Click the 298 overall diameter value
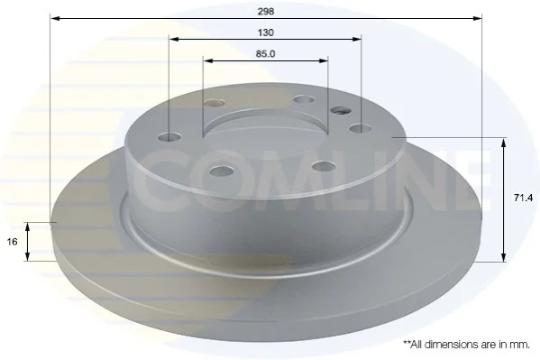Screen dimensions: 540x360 tap(266, 12)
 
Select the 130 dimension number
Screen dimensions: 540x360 tap(266, 32)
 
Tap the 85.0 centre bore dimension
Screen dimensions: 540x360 tap(265, 54)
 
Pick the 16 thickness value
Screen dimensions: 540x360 tap(12, 242)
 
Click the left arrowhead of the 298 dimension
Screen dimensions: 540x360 tap(55, 18)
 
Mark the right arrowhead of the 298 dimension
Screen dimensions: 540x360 tap(477, 18)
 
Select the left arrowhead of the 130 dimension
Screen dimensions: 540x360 tap(174, 40)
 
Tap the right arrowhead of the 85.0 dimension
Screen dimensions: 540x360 tap(323, 61)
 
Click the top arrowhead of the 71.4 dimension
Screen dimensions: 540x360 tap(504, 143)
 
